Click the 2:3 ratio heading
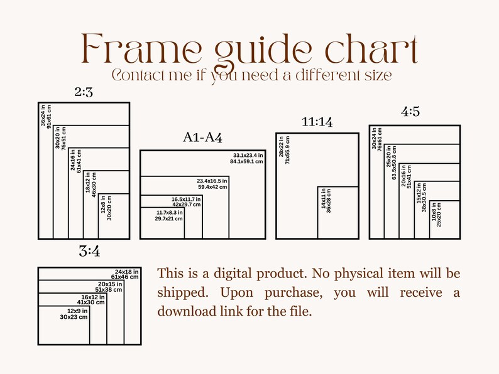tap(84, 92)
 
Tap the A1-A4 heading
tap(203, 137)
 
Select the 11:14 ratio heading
tap(317, 122)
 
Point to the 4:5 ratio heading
tap(410, 112)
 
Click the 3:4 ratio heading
tap(89, 252)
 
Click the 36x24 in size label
tap(43, 115)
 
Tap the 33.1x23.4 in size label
tap(248, 156)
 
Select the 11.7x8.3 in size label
tap(170, 212)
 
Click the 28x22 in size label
tap(281, 147)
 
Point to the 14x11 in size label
tap(323, 199)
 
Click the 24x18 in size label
tap(127, 272)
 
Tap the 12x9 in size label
tap(77, 311)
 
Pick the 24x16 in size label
tap(73, 160)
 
